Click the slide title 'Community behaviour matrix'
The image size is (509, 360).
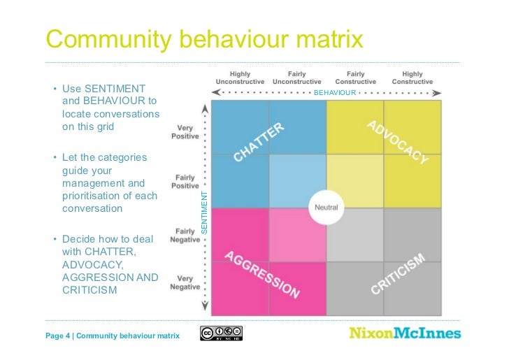click(x=204, y=39)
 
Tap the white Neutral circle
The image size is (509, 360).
click(x=327, y=207)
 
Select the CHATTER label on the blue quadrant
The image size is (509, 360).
click(x=259, y=142)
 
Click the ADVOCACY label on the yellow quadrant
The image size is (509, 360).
click(x=397, y=142)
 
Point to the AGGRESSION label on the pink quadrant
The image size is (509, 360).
click(x=262, y=274)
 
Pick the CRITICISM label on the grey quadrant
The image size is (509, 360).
click(x=397, y=274)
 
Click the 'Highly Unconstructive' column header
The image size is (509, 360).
click(x=240, y=78)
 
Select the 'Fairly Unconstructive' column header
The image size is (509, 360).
click(x=296, y=78)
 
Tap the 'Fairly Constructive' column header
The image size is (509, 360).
click(x=355, y=78)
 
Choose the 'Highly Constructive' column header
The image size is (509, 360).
click(x=413, y=78)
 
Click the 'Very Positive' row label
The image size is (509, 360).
click(x=185, y=132)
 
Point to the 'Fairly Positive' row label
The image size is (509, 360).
click(x=185, y=182)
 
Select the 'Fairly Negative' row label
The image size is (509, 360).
click(x=185, y=236)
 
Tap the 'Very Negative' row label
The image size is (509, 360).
click(x=185, y=282)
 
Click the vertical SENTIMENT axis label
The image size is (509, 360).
click(x=206, y=213)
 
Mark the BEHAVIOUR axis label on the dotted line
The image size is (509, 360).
click(x=335, y=92)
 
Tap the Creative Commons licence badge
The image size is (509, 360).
click(x=221, y=333)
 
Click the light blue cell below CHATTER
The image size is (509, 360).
click(x=297, y=181)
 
